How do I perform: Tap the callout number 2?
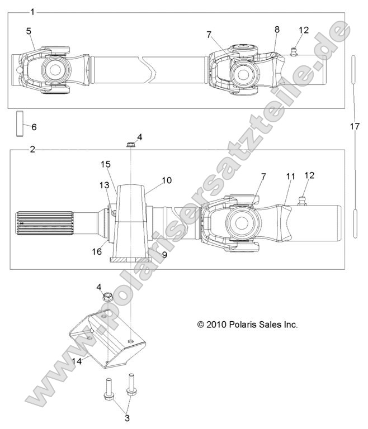32,150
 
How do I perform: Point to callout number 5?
29,32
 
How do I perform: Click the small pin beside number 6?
20,123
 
